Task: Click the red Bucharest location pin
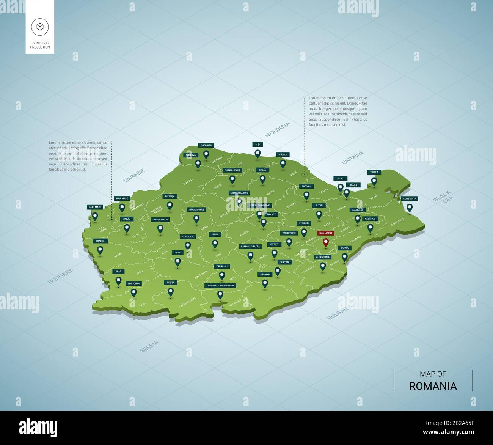[325, 242]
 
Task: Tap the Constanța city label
[409, 198]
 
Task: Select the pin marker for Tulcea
[374, 181]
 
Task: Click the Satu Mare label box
[95, 207]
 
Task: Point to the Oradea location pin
[100, 250]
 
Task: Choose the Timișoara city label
[133, 283]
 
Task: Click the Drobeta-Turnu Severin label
[220, 285]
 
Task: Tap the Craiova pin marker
[265, 283]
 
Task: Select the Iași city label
[258, 145]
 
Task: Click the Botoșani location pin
[206, 154]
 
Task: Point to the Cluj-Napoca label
[160, 219]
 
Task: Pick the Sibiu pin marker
[215, 244]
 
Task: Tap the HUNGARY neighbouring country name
[60, 277]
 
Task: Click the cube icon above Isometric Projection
[40, 26]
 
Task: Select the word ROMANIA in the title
[433, 386]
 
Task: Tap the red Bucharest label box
[325, 233]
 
